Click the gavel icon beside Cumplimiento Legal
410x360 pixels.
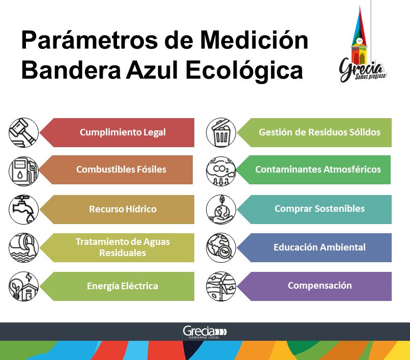[23, 132]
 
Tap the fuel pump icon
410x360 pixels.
[23, 171]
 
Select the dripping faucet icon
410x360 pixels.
[23, 209]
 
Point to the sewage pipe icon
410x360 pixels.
[23, 247]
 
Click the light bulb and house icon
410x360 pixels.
[23, 286]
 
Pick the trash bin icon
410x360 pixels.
[221, 132]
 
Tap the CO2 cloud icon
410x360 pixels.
[221, 171]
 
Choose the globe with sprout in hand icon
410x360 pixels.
[221, 209]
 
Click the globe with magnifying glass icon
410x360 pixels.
[221, 247]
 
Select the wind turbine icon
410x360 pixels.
[221, 286]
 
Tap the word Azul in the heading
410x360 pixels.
[153, 70]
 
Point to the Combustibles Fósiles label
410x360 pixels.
[121, 170]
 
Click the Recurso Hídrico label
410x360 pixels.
[123, 209]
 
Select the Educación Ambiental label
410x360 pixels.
[319, 247]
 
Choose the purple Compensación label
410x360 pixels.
[320, 285]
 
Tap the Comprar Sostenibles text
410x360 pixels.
[319, 209]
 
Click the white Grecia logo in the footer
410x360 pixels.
[204, 332]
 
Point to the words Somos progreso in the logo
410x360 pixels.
[370, 76]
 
